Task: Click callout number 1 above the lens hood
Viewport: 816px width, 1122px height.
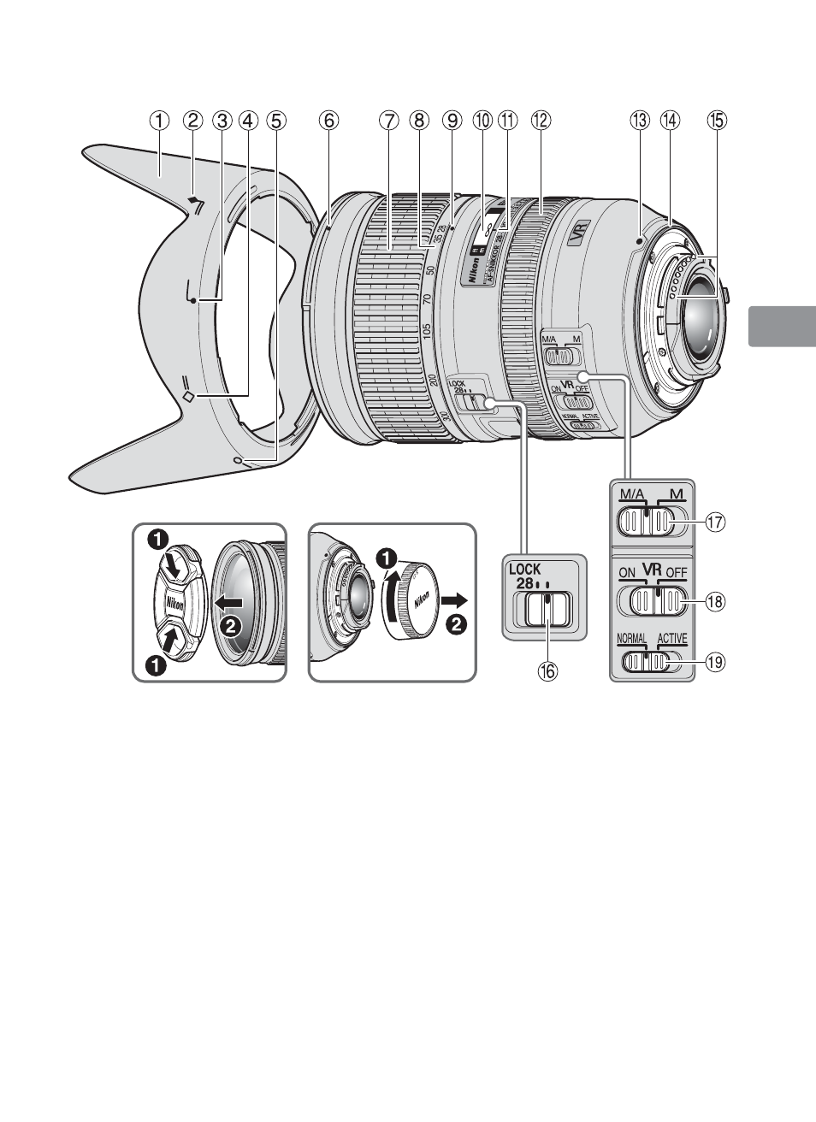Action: (x=160, y=121)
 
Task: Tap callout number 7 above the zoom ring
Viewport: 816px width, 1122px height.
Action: (x=389, y=121)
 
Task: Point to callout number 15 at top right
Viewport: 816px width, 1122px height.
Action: (x=716, y=121)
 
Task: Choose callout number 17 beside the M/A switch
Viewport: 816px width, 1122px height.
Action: (x=715, y=521)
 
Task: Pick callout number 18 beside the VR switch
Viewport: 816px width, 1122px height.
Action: (x=715, y=602)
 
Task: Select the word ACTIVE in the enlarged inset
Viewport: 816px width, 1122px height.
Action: (x=672, y=638)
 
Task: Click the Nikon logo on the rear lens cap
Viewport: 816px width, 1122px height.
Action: (x=421, y=601)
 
